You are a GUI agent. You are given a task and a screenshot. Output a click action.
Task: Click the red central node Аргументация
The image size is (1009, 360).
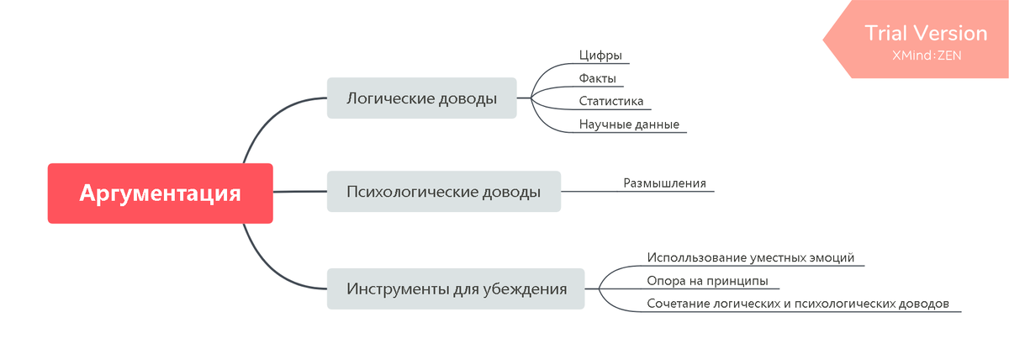(x=160, y=193)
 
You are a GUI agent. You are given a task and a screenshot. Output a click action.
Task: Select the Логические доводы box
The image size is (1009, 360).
(x=421, y=98)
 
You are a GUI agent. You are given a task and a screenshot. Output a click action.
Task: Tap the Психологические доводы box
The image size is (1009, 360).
(x=443, y=192)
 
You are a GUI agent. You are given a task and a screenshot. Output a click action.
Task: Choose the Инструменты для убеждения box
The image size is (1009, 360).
(x=456, y=289)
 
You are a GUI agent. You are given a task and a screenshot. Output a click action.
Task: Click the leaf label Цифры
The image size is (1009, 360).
(x=600, y=56)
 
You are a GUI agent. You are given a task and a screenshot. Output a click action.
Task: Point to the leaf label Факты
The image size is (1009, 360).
(x=598, y=78)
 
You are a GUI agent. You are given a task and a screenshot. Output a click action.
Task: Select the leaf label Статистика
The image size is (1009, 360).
(x=611, y=101)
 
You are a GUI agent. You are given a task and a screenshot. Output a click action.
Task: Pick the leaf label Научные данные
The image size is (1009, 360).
(x=628, y=124)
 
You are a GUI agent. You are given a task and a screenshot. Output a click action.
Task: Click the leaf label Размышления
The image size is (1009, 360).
(x=664, y=183)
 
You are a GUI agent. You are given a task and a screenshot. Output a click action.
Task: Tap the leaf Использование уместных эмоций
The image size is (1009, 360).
(x=750, y=257)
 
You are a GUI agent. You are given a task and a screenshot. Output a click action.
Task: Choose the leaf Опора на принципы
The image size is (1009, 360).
(x=707, y=281)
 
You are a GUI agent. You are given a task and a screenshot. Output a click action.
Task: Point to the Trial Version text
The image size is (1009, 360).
(x=926, y=34)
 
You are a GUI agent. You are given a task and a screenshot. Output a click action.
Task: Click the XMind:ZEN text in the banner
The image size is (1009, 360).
(x=926, y=56)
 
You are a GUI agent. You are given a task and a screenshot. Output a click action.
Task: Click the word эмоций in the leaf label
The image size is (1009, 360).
(x=832, y=257)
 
